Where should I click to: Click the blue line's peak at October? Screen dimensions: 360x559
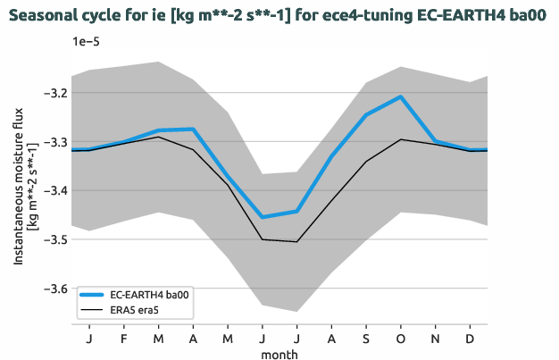tap(401, 96)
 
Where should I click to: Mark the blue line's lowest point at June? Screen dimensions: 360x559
tap(263, 217)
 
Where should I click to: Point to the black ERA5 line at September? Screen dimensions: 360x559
tap(366, 162)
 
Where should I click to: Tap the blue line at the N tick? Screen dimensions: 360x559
tap(436, 141)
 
